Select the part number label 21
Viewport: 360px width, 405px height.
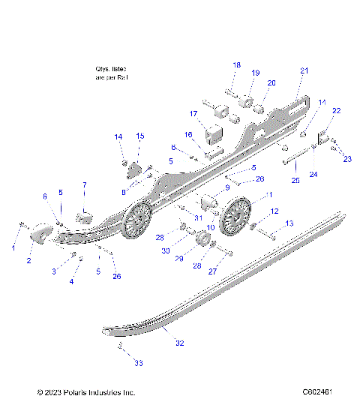(304, 70)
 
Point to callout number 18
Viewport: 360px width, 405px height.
(236, 65)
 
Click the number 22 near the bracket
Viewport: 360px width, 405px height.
(337, 111)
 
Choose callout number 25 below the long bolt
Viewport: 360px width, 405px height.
(295, 181)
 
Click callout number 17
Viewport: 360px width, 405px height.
(193, 114)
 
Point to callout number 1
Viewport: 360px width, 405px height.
(13, 247)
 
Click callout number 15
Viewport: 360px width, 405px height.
(139, 136)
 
